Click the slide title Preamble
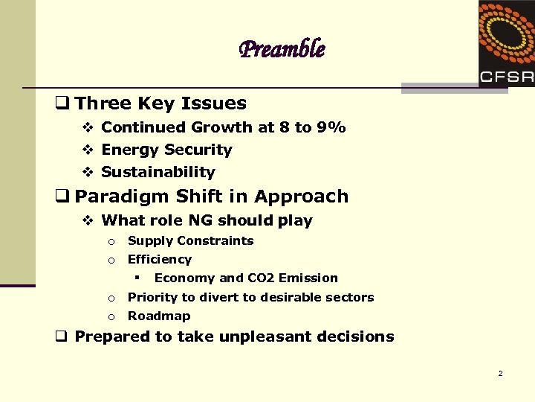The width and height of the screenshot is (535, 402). click(x=282, y=50)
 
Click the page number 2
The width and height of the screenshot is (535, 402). click(x=500, y=373)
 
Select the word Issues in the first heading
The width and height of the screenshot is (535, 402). click(x=216, y=103)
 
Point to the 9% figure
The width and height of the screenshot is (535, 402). click(x=331, y=127)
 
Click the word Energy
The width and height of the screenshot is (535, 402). click(x=128, y=150)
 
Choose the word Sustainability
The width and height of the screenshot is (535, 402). click(x=158, y=172)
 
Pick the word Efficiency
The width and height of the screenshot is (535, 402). click(x=160, y=259)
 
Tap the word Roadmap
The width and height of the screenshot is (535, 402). click(x=159, y=316)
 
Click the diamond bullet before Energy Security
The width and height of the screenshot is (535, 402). click(x=87, y=150)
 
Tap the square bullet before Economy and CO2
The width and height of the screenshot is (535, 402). click(x=137, y=278)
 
